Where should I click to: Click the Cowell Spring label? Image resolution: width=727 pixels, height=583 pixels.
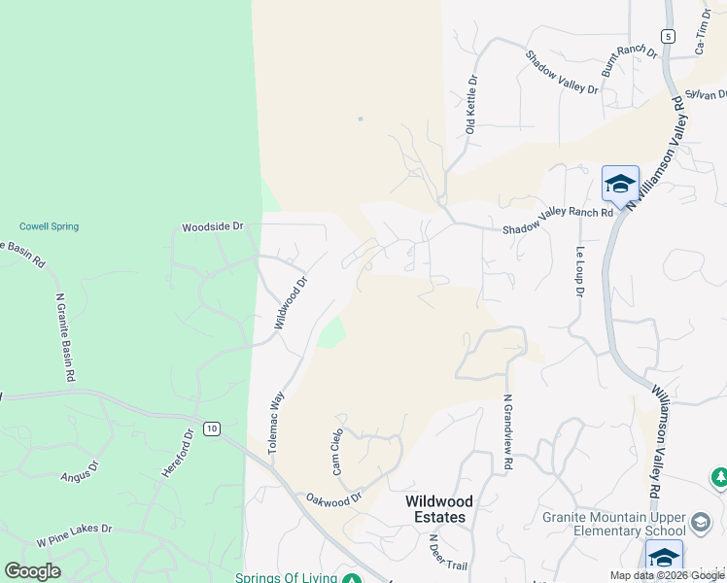point(48,226)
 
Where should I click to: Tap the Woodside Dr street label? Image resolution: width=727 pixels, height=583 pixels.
point(212,226)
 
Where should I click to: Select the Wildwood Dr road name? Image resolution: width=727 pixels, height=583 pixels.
point(290,302)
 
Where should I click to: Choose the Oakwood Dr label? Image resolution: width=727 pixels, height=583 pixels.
point(333,497)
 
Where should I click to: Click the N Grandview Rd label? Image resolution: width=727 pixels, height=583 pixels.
point(507,432)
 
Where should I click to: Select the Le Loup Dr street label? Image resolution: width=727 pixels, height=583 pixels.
point(579,271)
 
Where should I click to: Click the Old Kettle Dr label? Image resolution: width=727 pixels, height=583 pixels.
point(471,104)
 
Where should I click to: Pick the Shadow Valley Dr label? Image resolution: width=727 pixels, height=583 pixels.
point(562,72)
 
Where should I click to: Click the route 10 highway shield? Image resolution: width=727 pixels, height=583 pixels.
point(211,428)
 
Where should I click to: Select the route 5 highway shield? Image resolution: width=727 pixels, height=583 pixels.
point(668,36)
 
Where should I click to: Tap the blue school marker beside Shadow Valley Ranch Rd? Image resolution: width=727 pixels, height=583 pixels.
point(620,184)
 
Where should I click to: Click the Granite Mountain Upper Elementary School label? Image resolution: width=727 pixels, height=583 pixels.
point(614,524)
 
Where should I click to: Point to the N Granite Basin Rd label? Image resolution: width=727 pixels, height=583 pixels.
point(66,337)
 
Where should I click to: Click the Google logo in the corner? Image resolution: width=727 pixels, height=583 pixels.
point(32,570)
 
